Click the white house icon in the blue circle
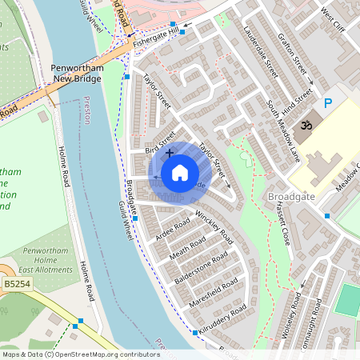point(180,173)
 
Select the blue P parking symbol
point(327,103)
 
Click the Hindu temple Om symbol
point(305,125)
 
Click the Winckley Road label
point(214,226)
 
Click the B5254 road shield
point(14,283)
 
